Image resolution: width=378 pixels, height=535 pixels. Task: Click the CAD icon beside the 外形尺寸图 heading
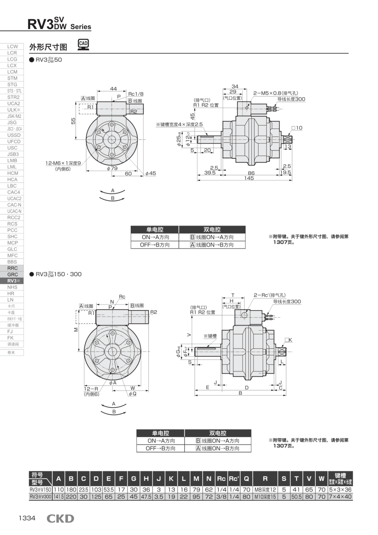coord(83,45)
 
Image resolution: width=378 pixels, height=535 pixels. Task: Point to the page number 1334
coord(27,518)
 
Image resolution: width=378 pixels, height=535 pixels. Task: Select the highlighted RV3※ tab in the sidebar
coord(12,280)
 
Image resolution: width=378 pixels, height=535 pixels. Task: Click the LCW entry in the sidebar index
coord(12,46)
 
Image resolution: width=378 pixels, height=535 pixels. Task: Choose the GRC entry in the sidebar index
coord(12,274)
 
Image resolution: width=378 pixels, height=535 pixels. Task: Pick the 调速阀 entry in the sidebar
coord(12,344)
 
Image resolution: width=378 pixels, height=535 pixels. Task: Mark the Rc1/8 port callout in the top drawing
coord(136,94)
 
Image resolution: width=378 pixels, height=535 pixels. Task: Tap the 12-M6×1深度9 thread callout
coord(63,163)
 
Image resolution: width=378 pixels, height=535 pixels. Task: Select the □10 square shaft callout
coord(297,128)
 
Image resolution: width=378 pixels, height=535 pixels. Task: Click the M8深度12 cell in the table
coord(265,489)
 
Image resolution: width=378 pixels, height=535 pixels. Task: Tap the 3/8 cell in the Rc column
coord(221,496)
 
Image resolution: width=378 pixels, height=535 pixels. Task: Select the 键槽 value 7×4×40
coord(340,496)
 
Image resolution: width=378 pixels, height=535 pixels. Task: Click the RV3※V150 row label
coord(40,489)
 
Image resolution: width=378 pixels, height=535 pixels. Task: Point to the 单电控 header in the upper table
coord(155,230)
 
